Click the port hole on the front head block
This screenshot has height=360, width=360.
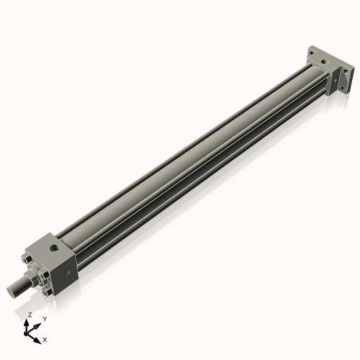(x=55, y=250)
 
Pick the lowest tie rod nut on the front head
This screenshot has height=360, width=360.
(x=48, y=292)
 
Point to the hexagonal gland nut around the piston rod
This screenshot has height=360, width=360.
(x=32, y=277)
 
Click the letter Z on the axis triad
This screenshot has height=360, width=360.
(x=30, y=315)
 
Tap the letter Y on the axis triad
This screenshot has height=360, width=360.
(x=45, y=318)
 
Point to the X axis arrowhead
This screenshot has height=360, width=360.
(x=38, y=336)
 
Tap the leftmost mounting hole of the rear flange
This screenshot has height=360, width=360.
(x=312, y=51)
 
